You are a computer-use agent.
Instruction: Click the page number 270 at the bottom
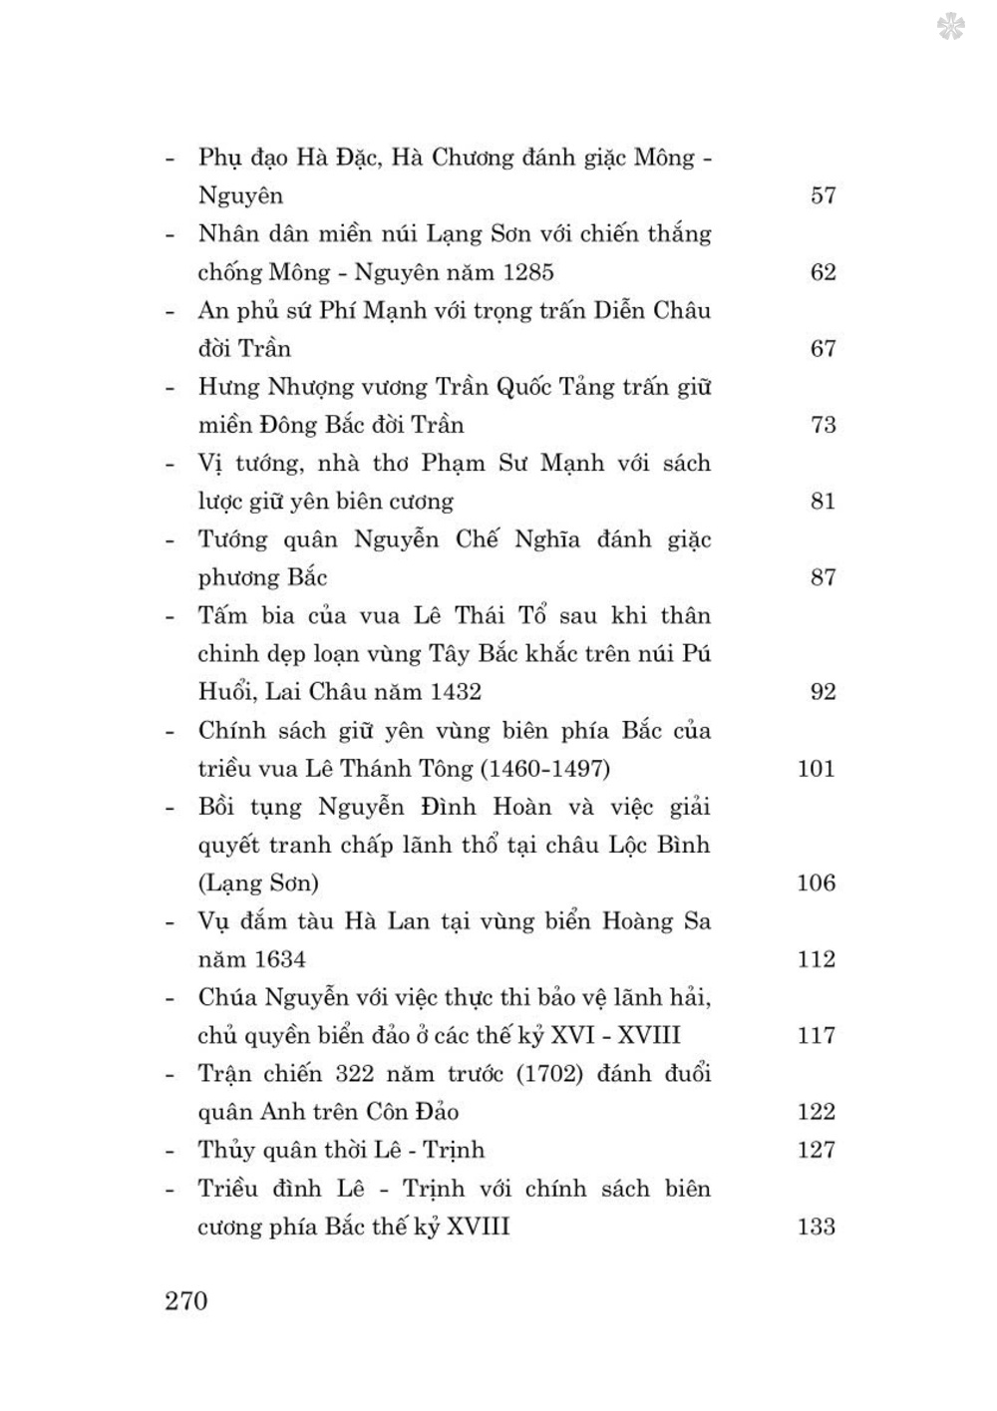pyautogui.click(x=186, y=1300)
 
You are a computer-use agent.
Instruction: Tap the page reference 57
pyautogui.click(x=823, y=195)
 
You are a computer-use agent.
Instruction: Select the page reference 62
pyautogui.click(x=823, y=272)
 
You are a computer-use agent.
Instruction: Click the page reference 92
pyautogui.click(x=823, y=692)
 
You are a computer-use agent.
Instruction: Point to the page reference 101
pyautogui.click(x=816, y=769)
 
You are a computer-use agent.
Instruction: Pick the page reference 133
pyautogui.click(x=816, y=1227)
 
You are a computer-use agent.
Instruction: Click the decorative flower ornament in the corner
pyautogui.click(x=950, y=27)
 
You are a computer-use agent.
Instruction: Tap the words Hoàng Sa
pyautogui.click(x=656, y=921)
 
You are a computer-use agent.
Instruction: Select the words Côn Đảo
pyautogui.click(x=413, y=1112)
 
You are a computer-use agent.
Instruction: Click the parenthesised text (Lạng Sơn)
pyautogui.click(x=258, y=883)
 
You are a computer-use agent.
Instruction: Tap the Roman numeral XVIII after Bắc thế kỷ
pyautogui.click(x=478, y=1227)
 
